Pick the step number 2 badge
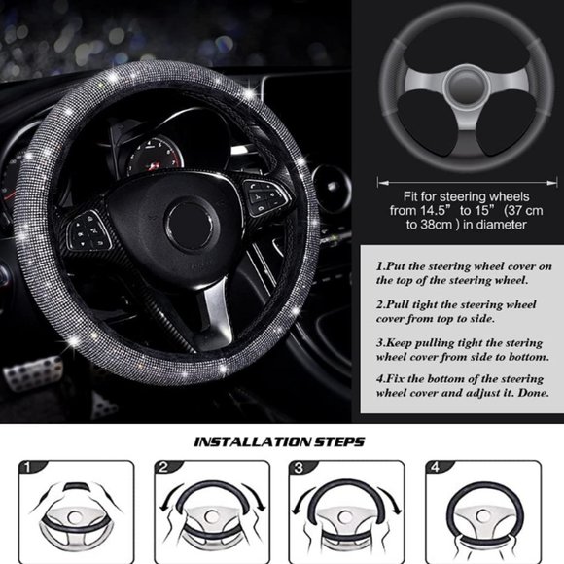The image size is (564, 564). point(164,469)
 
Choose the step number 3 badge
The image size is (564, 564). point(300,469)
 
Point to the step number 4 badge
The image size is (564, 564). point(435,469)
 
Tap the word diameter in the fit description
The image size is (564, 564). point(498,225)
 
